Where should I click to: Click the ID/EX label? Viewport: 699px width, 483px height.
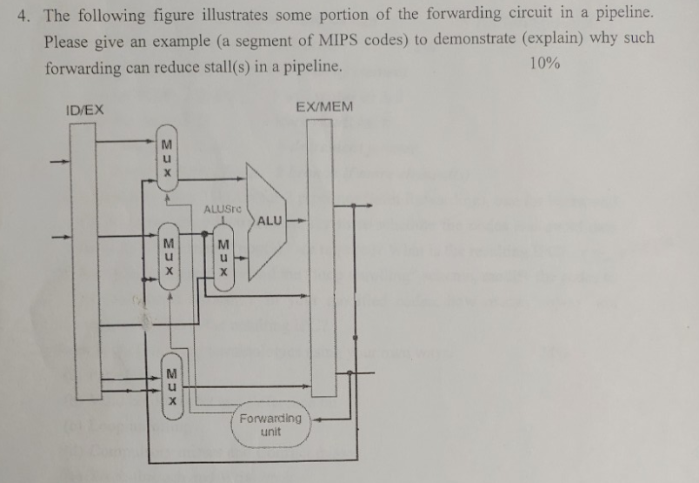(84, 110)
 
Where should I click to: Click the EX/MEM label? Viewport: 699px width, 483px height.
(324, 106)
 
